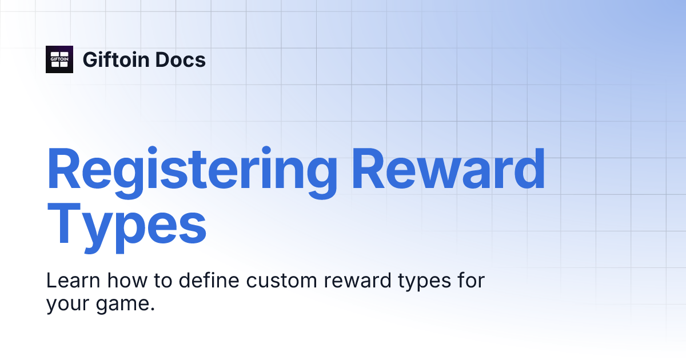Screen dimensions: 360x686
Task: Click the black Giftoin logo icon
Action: coord(59,59)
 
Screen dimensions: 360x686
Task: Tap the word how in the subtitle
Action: coord(125,281)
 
